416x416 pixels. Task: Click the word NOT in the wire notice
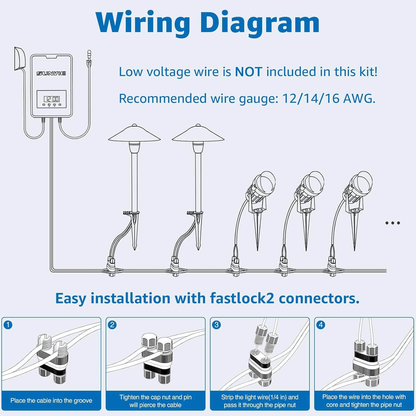pyautogui.click(x=248, y=72)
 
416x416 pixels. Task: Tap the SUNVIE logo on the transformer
pyautogui.click(x=51, y=73)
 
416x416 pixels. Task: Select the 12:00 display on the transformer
pyautogui.click(x=51, y=99)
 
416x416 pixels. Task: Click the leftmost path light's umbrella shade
pyautogui.click(x=134, y=134)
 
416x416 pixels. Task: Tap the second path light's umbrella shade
pyautogui.click(x=198, y=134)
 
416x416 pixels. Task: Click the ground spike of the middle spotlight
pyautogui.click(x=306, y=233)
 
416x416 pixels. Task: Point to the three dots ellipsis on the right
pyautogui.click(x=392, y=223)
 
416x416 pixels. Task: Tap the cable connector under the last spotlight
pyautogui.click(x=332, y=267)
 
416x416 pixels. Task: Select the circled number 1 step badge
pyautogui.click(x=8, y=325)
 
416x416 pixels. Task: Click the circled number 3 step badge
pyautogui.click(x=216, y=325)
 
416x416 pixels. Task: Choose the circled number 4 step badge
pyautogui.click(x=320, y=325)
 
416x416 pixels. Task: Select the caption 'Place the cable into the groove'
pyautogui.click(x=51, y=401)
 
